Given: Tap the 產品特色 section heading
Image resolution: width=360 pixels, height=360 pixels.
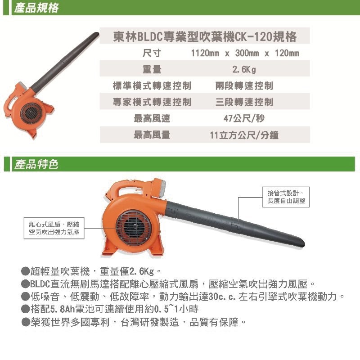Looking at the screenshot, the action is tap(36, 164).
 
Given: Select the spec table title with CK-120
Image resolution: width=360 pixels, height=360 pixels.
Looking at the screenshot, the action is tap(205, 36).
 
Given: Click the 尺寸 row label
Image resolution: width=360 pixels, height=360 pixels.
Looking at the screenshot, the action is tap(152, 53).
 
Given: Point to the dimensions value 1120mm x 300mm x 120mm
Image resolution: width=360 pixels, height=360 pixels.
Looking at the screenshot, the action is tap(245, 53).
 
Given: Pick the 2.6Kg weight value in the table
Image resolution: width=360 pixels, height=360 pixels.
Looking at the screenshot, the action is tap(244, 69).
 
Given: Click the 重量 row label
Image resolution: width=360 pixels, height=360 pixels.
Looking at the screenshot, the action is tap(152, 69).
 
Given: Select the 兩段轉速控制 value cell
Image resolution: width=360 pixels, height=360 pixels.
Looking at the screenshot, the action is tap(244, 85).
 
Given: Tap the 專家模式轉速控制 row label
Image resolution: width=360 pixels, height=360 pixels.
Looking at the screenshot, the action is tap(152, 102).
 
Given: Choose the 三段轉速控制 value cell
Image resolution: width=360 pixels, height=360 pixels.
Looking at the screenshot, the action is tap(244, 102).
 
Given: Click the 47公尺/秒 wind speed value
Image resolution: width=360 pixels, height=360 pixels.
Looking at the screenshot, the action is tap(244, 118).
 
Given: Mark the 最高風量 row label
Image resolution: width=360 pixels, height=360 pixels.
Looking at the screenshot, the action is tap(152, 135).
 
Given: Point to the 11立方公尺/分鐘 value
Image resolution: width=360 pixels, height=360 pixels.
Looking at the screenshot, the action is tap(244, 135).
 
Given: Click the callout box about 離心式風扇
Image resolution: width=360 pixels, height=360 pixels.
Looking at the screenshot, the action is tap(54, 228).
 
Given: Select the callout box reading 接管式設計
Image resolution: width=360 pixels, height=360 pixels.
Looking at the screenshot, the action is tap(286, 197).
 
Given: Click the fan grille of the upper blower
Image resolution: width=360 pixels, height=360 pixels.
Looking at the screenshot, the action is tap(31, 113).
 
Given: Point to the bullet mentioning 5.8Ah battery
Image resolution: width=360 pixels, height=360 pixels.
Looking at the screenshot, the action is tap(110, 309).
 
